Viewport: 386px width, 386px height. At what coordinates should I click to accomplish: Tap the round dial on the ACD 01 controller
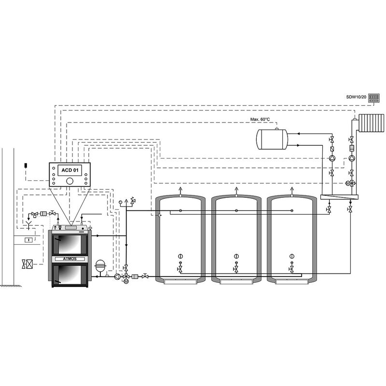point(70,181)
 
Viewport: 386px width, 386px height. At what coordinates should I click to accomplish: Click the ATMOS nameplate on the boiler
point(69,259)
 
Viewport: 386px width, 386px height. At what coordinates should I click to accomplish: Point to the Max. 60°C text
point(260,119)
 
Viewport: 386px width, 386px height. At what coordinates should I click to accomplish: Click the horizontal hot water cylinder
point(272,138)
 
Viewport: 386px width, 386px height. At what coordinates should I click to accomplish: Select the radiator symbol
point(372,123)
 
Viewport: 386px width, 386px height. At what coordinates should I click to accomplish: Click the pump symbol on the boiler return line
point(117,277)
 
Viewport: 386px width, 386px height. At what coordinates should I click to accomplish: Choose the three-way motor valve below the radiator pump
point(351,183)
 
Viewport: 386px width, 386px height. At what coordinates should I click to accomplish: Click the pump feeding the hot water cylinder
point(331,158)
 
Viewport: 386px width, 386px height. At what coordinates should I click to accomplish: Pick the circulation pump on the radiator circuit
point(351,158)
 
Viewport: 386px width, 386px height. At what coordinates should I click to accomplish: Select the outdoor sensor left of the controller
point(24,166)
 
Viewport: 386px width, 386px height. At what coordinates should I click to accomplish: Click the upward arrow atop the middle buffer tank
point(236,190)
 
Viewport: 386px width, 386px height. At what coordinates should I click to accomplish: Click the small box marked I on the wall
point(28,239)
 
